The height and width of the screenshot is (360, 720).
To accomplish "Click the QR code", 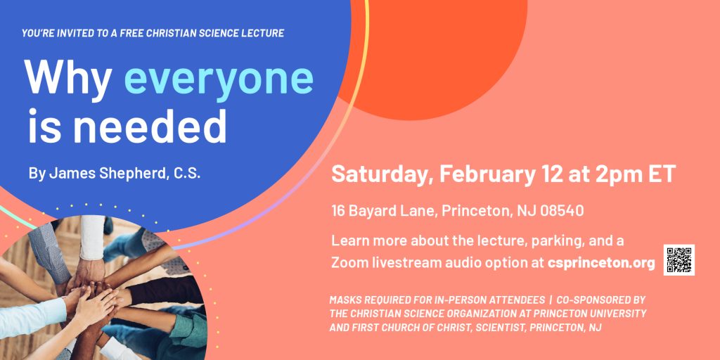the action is tap(679, 260).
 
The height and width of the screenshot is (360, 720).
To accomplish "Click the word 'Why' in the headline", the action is tap(68, 76).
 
